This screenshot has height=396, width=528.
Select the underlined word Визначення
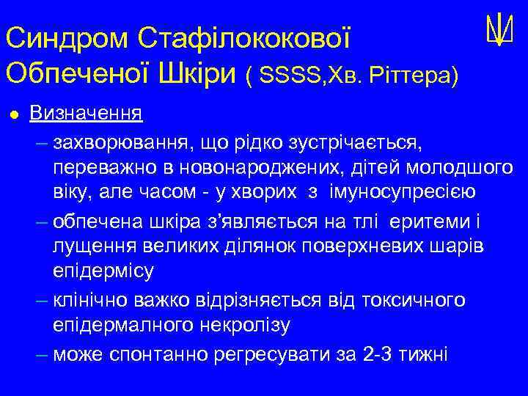[87, 114]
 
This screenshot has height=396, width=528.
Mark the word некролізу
[235, 326]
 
